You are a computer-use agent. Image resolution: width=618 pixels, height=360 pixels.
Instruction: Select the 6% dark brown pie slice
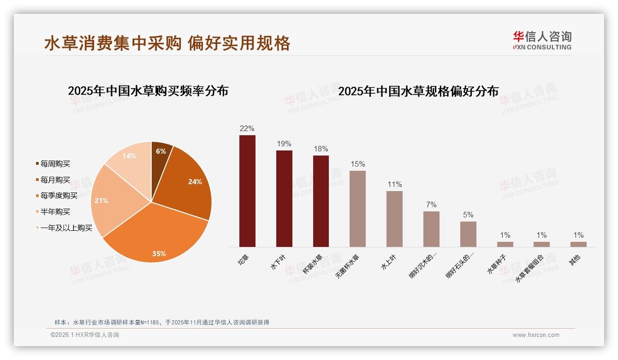coord(160,152)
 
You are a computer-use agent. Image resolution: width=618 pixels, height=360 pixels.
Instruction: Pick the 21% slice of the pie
coord(108,201)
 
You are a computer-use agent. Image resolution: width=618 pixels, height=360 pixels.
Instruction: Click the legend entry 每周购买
coord(55,164)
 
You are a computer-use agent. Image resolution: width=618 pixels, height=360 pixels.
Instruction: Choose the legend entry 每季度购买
coord(59,196)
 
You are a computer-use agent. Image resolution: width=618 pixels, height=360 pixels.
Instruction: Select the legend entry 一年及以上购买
coord(66,228)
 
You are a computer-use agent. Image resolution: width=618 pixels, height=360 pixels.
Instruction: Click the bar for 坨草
coord(247,191)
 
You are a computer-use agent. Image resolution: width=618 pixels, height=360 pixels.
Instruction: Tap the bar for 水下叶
coord(284,198)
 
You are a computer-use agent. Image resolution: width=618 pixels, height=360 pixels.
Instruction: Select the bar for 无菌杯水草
coord(357,209)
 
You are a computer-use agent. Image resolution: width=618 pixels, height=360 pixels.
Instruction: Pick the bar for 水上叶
coord(394,219)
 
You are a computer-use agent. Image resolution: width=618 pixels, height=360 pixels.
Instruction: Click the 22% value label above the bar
coord(247,128)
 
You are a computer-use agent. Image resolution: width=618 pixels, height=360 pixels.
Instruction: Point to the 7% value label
coord(431,204)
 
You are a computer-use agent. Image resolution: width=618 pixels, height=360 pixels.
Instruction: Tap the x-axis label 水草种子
coord(497,264)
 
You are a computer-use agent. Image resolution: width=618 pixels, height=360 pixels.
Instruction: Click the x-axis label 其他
coord(574,260)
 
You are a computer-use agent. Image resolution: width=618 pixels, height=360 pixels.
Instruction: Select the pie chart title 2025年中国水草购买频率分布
coord(148,91)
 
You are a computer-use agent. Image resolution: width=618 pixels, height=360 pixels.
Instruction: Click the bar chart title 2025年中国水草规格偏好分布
coord(418,91)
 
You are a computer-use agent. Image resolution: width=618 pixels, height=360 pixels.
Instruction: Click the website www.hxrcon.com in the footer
coord(536,335)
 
